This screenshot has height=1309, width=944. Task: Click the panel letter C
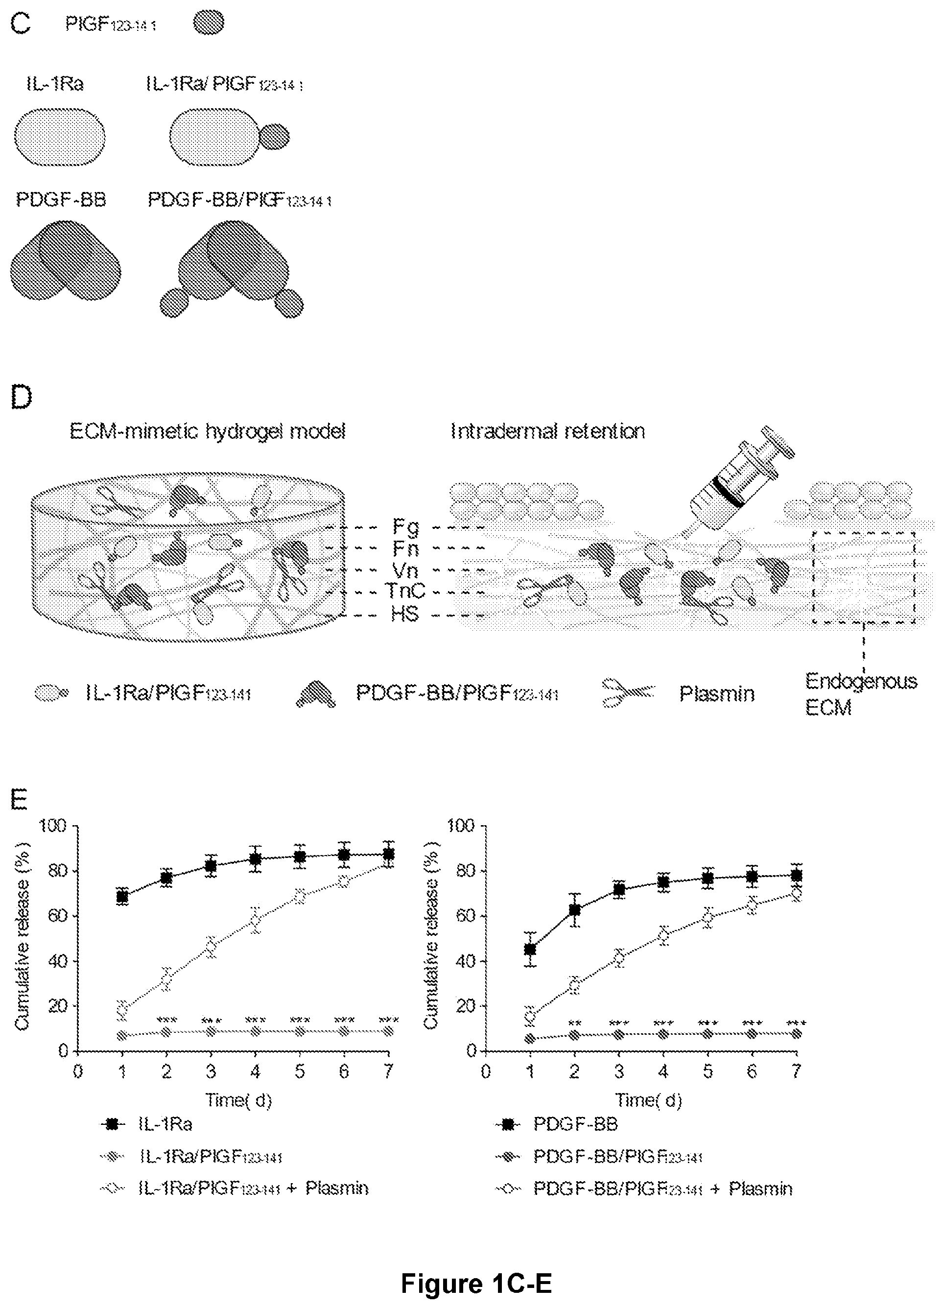(20, 24)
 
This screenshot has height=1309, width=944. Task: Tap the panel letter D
(22, 398)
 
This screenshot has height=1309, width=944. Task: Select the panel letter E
(20, 799)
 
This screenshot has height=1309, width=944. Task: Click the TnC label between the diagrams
(404, 591)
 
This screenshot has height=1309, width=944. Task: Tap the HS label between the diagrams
(404, 614)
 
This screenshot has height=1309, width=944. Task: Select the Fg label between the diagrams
(405, 526)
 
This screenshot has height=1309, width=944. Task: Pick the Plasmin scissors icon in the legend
(628, 692)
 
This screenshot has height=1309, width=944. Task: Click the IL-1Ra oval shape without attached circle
(59, 137)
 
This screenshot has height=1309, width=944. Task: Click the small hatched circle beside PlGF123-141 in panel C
(208, 24)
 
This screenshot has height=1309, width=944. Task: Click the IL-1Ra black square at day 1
(122, 896)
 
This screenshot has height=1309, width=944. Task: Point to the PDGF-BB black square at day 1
(530, 949)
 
